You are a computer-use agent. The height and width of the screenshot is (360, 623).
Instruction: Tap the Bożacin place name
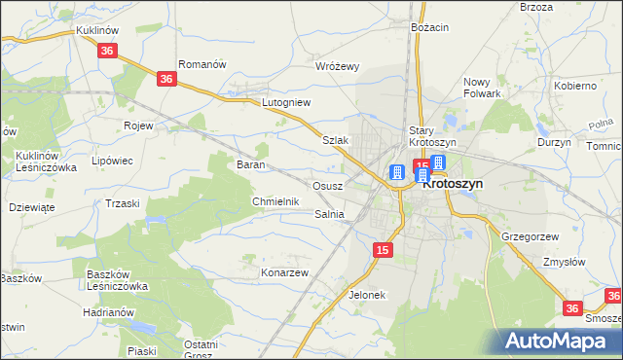pos(429,27)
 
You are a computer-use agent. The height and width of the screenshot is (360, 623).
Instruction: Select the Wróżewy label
pos(339,66)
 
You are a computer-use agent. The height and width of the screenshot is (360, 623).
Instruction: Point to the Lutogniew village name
pos(286,101)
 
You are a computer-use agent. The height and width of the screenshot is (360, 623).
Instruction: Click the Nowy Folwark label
pos(482,88)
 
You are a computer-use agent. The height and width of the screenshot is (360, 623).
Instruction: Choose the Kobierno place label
pos(574,86)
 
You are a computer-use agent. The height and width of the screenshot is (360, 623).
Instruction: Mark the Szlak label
pos(335,140)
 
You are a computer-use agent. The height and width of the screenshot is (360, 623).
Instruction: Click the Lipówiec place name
pos(111,161)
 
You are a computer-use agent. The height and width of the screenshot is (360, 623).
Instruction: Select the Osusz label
pos(326,185)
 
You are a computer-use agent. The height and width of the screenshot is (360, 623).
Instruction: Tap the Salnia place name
pos(330,214)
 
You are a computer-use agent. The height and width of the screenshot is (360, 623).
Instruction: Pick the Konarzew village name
pos(284,272)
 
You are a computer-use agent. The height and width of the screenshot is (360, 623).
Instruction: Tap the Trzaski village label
pos(123,202)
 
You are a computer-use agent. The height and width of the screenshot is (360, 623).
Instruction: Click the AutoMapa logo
pos(557,341)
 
